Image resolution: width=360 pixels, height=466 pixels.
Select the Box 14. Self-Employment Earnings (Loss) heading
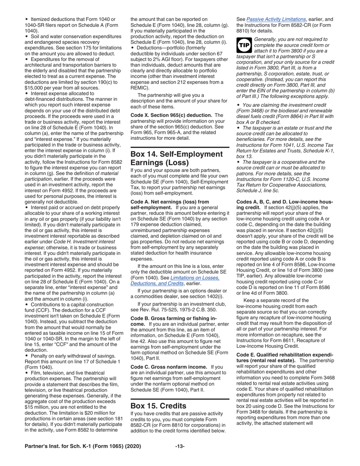point(176,158)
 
